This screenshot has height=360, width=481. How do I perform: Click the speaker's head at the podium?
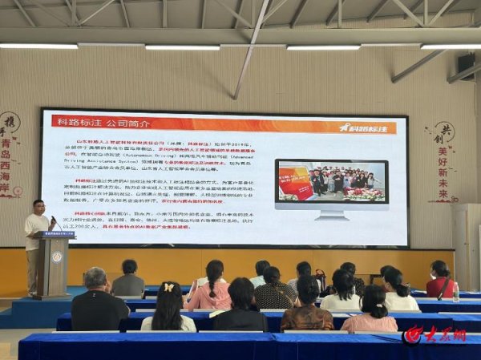click(x=38, y=206)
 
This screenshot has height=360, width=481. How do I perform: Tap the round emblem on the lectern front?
click(x=56, y=257)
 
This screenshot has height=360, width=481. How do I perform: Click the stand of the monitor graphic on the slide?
click(x=330, y=215)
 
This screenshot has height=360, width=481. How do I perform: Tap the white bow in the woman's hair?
click(x=168, y=286)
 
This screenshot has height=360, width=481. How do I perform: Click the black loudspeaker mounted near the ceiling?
click(x=466, y=63)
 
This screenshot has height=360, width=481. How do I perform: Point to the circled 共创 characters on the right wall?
click(x=443, y=133)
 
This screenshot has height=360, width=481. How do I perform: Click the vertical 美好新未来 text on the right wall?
click(x=443, y=172)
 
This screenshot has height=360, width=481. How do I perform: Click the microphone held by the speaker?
click(x=52, y=218)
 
